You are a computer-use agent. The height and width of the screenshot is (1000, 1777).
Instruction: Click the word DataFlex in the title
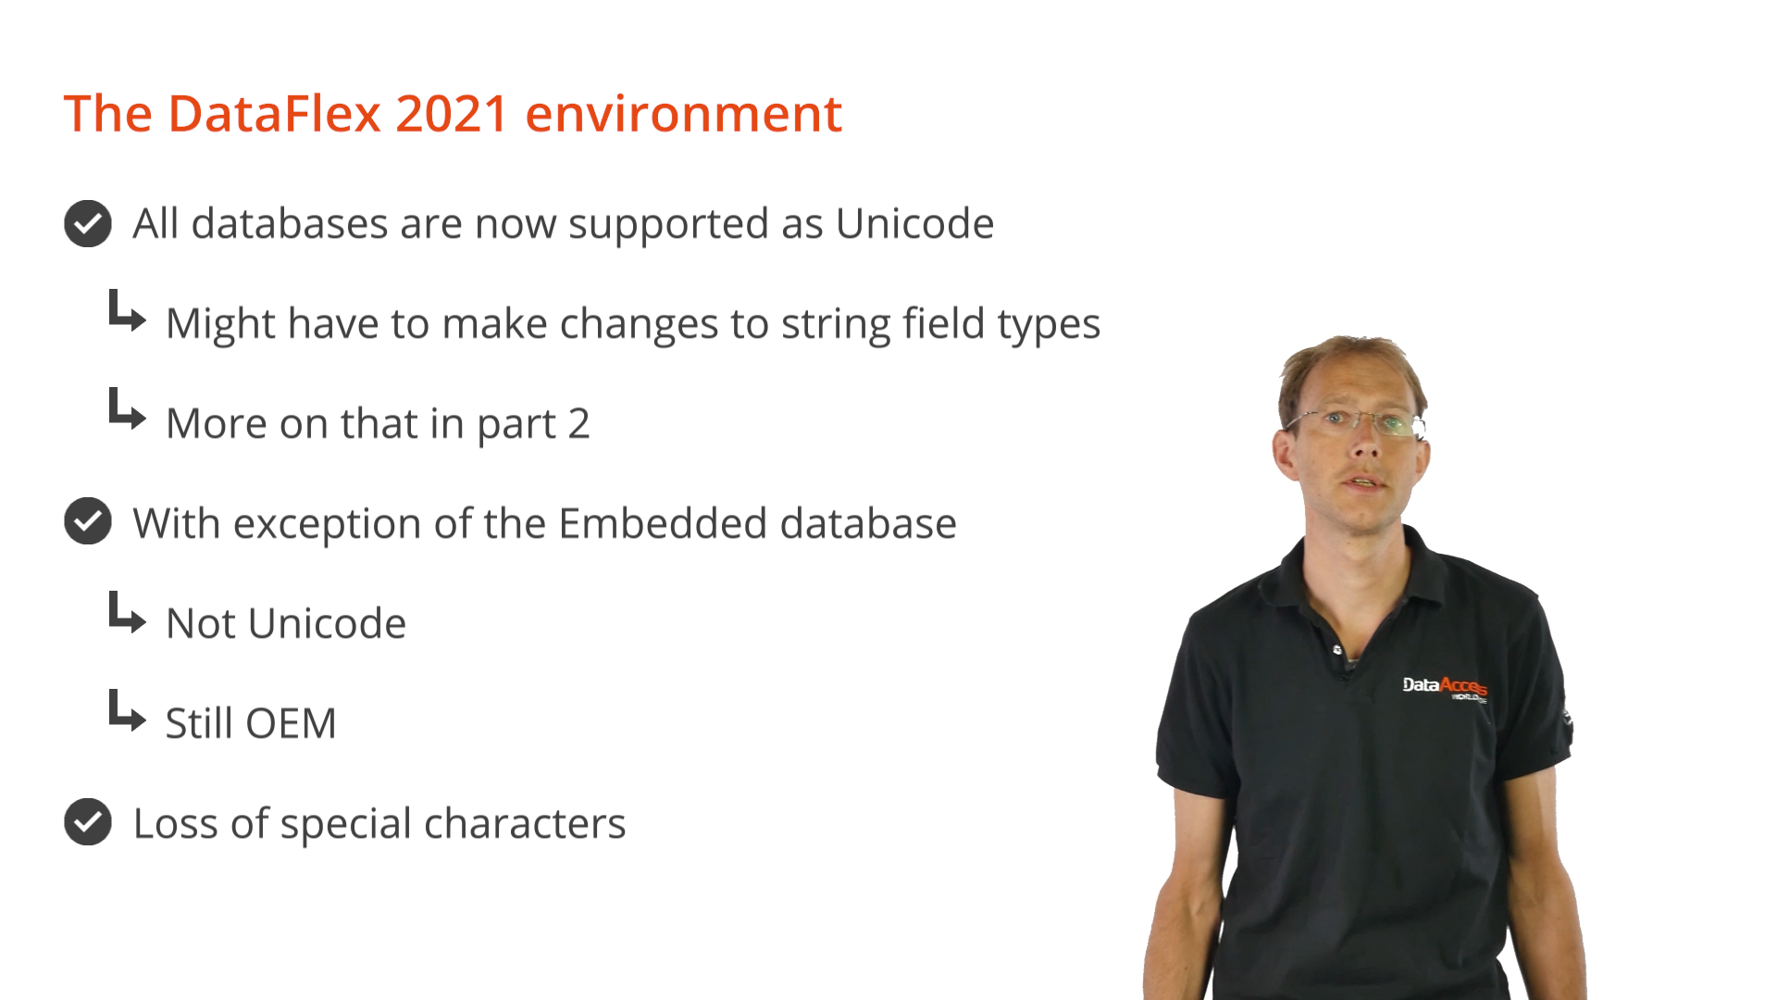point(275,114)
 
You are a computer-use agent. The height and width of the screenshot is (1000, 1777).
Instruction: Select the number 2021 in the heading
point(452,114)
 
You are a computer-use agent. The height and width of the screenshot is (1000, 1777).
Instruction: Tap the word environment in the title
point(684,114)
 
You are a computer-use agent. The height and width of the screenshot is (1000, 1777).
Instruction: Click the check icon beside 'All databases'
point(88,223)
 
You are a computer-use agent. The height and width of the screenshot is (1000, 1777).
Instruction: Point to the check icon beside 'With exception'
point(88,521)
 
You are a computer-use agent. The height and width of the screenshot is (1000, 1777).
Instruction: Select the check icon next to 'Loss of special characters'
point(88,821)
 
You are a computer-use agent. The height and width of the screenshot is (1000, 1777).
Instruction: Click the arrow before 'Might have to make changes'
point(127,311)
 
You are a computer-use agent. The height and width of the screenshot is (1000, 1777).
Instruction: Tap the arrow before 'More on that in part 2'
point(127,409)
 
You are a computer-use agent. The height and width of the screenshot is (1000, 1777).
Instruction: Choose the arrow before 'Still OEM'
point(127,711)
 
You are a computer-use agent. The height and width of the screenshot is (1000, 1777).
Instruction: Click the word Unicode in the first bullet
point(914,223)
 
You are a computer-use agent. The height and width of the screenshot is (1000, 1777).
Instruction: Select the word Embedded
point(662,523)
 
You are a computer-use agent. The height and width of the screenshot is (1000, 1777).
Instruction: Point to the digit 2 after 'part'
point(578,424)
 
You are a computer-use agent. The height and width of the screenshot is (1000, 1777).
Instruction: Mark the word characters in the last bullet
point(525,823)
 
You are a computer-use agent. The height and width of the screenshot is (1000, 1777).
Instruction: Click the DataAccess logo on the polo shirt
point(1445,688)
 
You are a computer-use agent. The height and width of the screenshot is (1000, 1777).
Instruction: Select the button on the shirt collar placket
point(1337,650)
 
